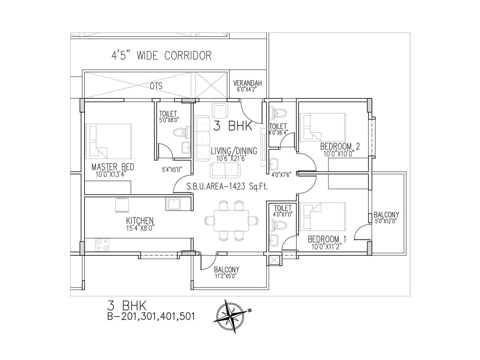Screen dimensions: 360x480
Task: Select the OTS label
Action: coord(156,86)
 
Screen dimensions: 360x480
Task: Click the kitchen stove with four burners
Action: coord(102,244)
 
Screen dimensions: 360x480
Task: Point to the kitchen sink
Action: coord(174,204)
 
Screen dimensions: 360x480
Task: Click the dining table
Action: coord(231,220)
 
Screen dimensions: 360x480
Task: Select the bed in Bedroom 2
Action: coord(323,127)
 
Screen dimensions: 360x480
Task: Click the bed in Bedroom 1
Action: coord(323,217)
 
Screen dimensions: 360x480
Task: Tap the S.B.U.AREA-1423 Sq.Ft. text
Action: coord(227,187)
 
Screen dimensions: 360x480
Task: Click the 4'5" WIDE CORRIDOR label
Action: coord(161,55)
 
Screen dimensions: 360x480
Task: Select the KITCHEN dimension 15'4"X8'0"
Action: coord(140,228)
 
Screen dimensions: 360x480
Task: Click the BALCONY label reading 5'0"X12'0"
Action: coord(386,221)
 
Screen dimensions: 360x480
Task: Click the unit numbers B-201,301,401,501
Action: coord(151,316)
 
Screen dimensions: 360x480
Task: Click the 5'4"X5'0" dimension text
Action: coord(172,169)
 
